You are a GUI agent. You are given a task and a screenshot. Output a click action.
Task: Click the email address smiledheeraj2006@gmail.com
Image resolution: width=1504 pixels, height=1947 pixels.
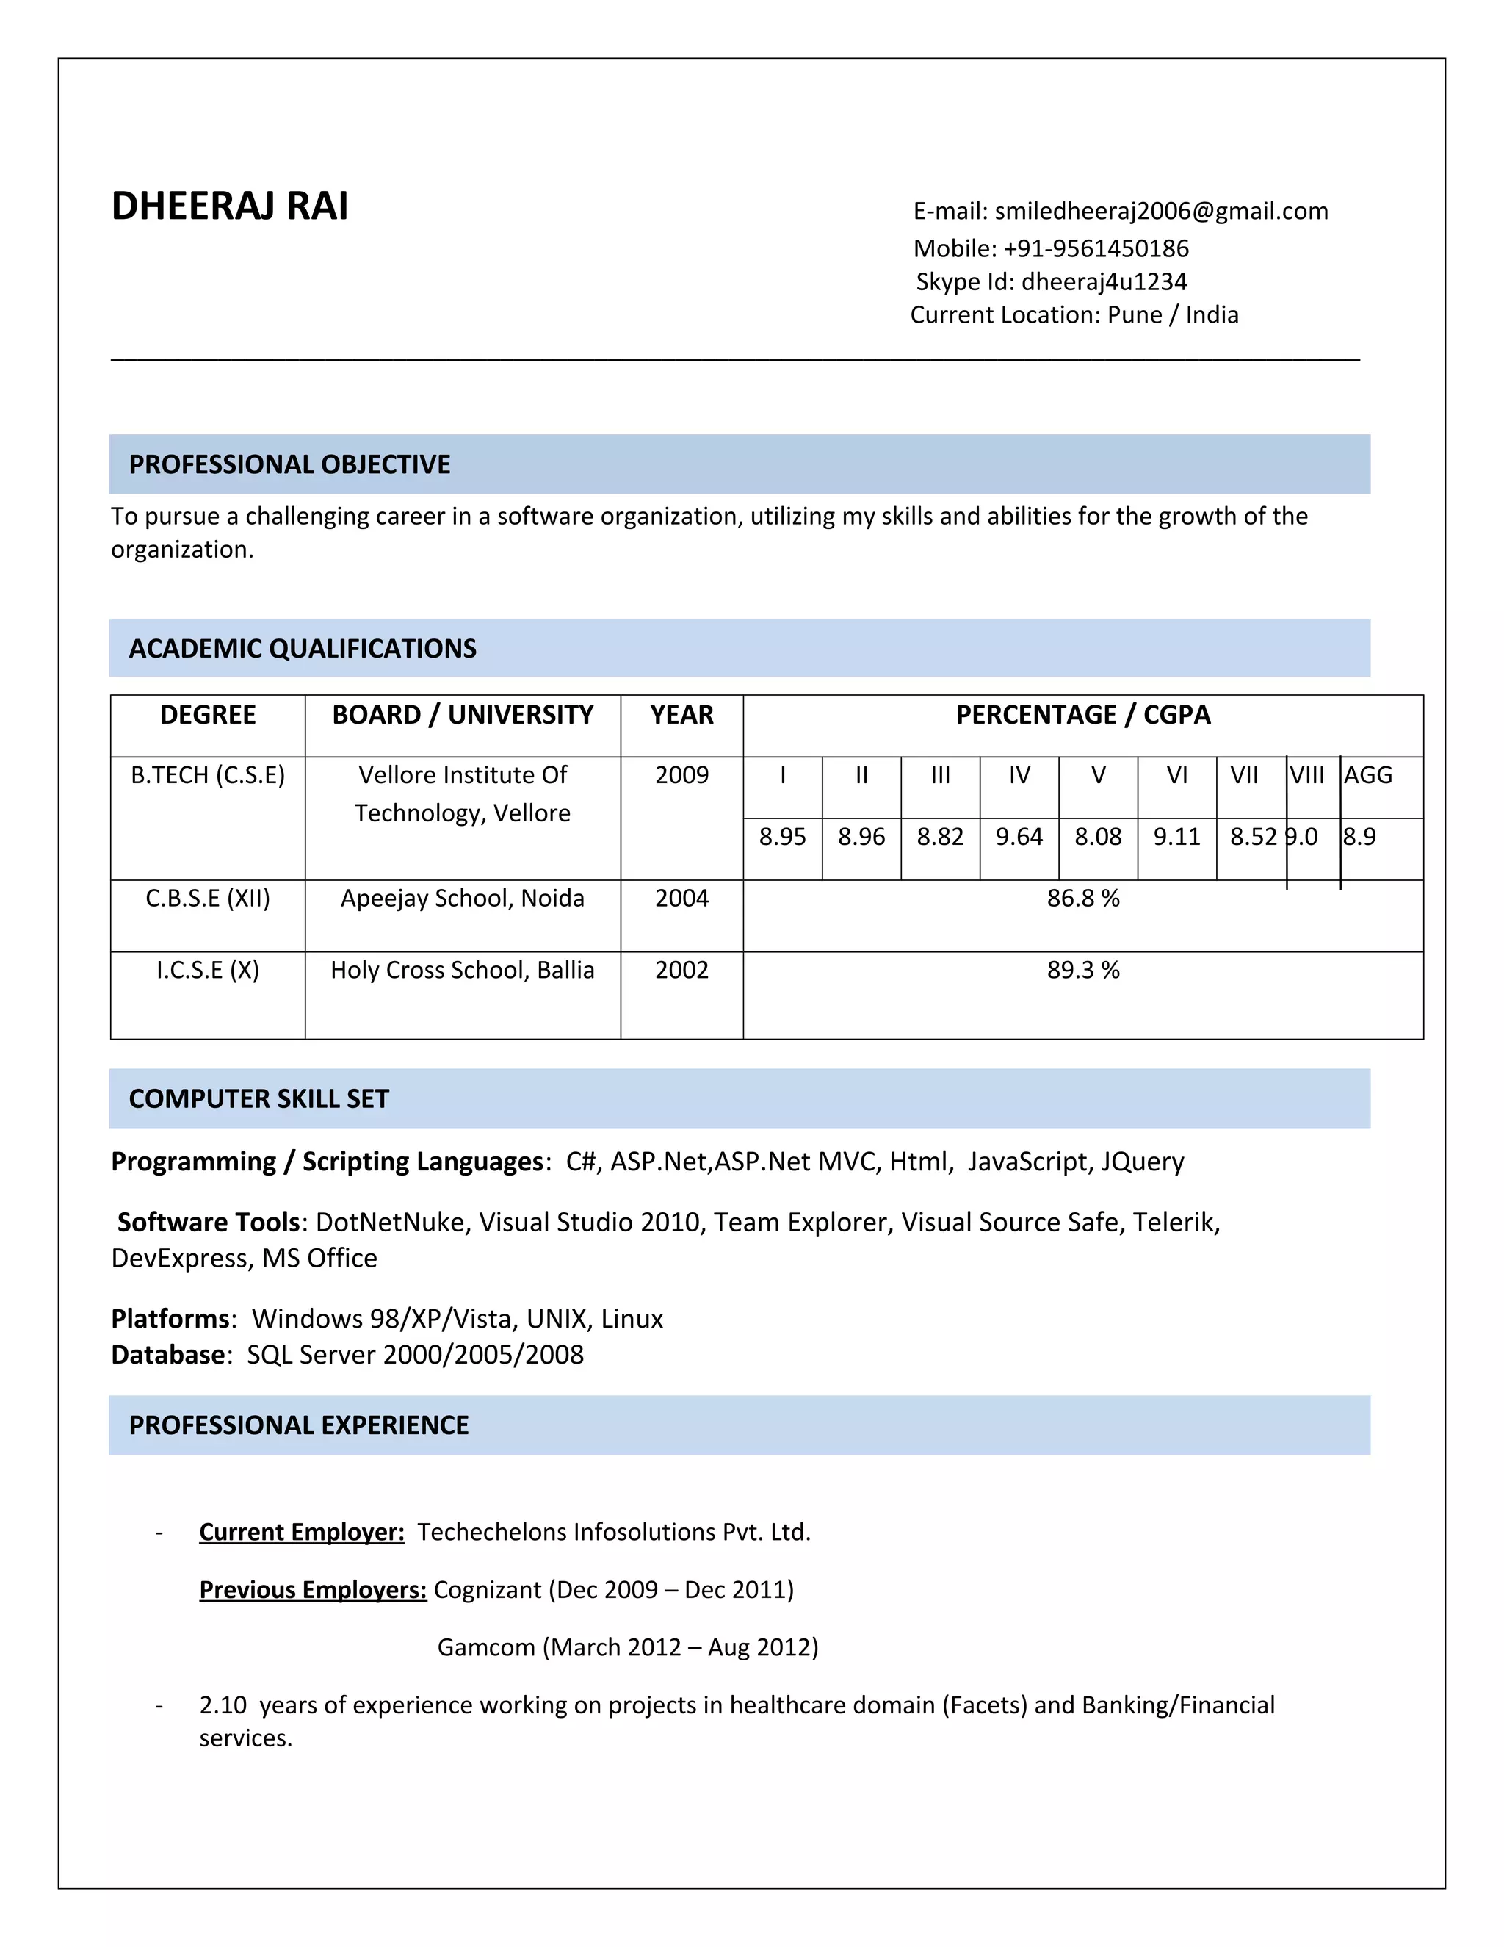pyautogui.click(x=1160, y=212)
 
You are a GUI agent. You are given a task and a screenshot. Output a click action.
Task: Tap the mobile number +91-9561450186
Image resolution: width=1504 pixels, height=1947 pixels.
pyautogui.click(x=1095, y=249)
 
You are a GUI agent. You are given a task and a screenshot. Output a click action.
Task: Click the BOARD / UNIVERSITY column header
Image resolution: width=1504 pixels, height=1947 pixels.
pyautogui.click(x=463, y=715)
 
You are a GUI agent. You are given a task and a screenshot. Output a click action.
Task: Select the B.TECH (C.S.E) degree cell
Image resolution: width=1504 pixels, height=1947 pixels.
pyautogui.click(x=208, y=774)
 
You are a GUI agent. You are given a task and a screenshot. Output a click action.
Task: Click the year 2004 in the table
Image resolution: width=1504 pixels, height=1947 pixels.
pyautogui.click(x=681, y=898)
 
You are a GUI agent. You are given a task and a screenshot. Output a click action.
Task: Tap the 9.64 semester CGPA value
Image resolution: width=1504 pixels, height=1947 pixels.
pyautogui.click(x=1019, y=836)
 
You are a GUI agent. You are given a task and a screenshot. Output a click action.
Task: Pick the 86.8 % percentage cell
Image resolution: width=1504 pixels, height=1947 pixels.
pyautogui.click(x=1082, y=898)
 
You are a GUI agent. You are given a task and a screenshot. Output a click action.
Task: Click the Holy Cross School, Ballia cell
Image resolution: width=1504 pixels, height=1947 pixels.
pyautogui.click(x=463, y=970)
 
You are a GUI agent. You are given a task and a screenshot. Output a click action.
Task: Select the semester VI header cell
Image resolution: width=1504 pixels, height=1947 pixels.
pyautogui.click(x=1176, y=774)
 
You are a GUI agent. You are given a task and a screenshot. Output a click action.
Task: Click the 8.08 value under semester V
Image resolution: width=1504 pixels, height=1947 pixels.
pyautogui.click(x=1098, y=836)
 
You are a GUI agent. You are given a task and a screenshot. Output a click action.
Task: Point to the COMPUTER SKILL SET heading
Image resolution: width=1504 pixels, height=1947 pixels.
pyautogui.click(x=258, y=1098)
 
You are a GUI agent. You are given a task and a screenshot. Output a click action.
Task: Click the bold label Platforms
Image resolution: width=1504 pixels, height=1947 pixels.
pyautogui.click(x=170, y=1319)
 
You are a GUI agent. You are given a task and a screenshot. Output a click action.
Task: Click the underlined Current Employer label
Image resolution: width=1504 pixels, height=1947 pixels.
pyautogui.click(x=301, y=1532)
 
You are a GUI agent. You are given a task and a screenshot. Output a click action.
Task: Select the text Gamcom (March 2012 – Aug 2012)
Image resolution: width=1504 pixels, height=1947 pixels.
pyautogui.click(x=627, y=1647)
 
